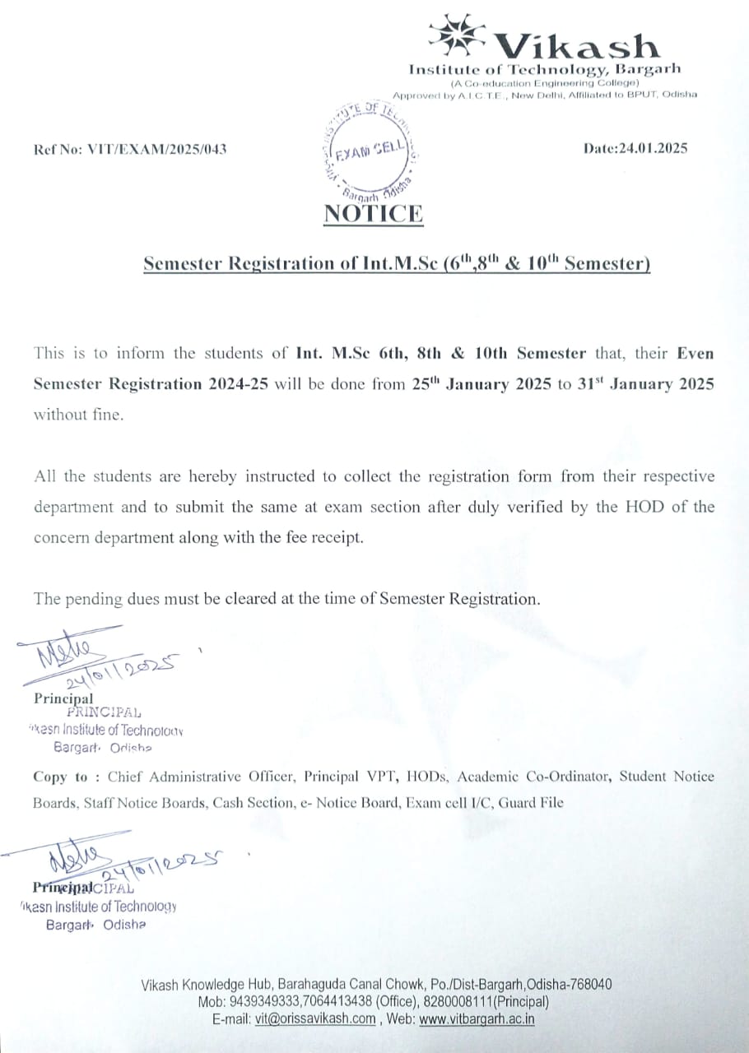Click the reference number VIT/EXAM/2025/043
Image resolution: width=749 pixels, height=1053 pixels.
(157, 149)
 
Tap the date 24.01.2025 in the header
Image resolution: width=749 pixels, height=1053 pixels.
(655, 148)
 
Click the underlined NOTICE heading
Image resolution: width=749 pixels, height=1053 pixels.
(374, 214)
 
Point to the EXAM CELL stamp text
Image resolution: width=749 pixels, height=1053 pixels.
(370, 151)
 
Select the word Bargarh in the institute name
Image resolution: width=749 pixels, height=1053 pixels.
(649, 70)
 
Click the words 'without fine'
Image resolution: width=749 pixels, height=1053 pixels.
(78, 415)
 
